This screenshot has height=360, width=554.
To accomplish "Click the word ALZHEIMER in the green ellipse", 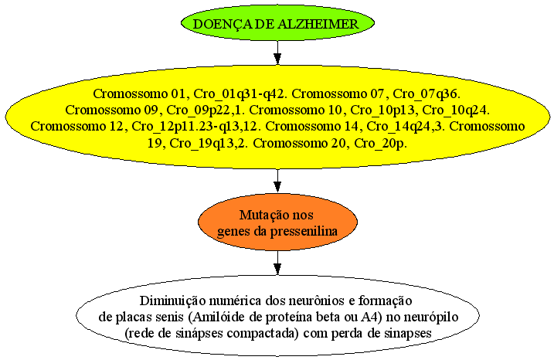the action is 318,24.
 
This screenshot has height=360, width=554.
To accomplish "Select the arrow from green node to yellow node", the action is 277,53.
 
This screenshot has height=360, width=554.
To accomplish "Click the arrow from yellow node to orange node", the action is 277,181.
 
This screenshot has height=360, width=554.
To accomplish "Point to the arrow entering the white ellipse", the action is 277,263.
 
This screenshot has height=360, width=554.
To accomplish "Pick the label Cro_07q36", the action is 427,94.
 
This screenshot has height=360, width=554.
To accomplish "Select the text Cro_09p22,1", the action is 206,110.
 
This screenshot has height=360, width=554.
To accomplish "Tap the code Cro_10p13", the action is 382,110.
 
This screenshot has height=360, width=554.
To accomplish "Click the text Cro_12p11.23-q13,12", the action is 196,127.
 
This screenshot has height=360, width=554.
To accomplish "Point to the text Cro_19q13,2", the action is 209,144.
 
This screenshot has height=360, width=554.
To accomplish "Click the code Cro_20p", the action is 380,144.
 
